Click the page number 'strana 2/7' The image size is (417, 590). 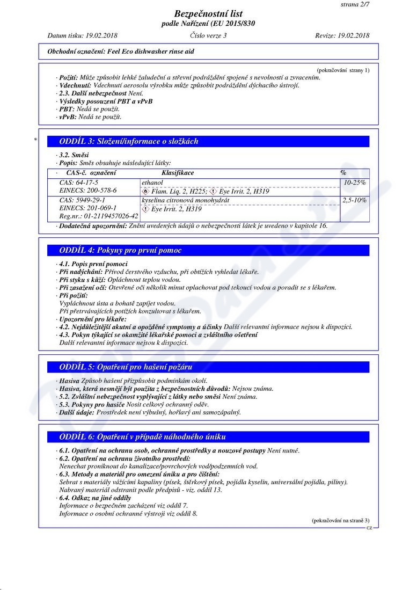click(355, 4)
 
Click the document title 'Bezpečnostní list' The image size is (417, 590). click(208, 13)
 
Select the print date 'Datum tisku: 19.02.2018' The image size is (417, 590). click(82, 35)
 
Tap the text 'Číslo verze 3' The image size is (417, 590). click(208, 35)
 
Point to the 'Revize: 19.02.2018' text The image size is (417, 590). click(342, 35)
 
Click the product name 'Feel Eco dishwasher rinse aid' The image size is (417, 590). click(147, 52)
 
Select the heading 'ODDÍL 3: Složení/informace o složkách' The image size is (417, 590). click(128, 142)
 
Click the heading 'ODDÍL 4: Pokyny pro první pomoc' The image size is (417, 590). click(120, 250)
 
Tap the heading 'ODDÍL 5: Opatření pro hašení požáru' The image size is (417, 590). click(126, 367)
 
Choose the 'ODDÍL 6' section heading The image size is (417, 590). click(142, 437)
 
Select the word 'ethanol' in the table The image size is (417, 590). click(152, 183)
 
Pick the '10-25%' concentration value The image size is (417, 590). click(355, 183)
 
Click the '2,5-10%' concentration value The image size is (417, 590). click(354, 200)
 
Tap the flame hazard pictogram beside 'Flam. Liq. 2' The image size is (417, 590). click(145, 191)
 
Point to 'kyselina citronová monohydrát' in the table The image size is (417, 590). click(185, 200)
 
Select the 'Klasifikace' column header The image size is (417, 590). click(178, 173)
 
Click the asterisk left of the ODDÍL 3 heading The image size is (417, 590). click(35, 140)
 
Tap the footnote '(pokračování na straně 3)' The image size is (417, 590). click(340, 521)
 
